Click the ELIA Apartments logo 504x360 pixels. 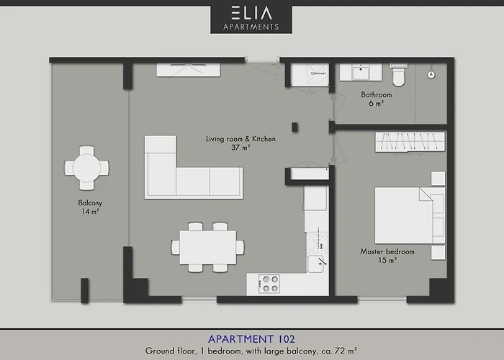click(x=251, y=18)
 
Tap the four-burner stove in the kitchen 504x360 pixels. click(x=270, y=284)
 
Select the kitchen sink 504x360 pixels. click(x=316, y=264)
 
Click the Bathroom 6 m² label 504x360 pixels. click(x=377, y=99)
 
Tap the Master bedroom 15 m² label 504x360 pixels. click(x=387, y=256)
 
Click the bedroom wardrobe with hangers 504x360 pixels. click(x=410, y=142)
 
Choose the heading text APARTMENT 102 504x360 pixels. click(x=251, y=338)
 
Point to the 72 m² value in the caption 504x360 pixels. click(x=347, y=351)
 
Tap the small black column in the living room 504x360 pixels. click(x=295, y=127)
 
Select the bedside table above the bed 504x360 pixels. click(x=438, y=179)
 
